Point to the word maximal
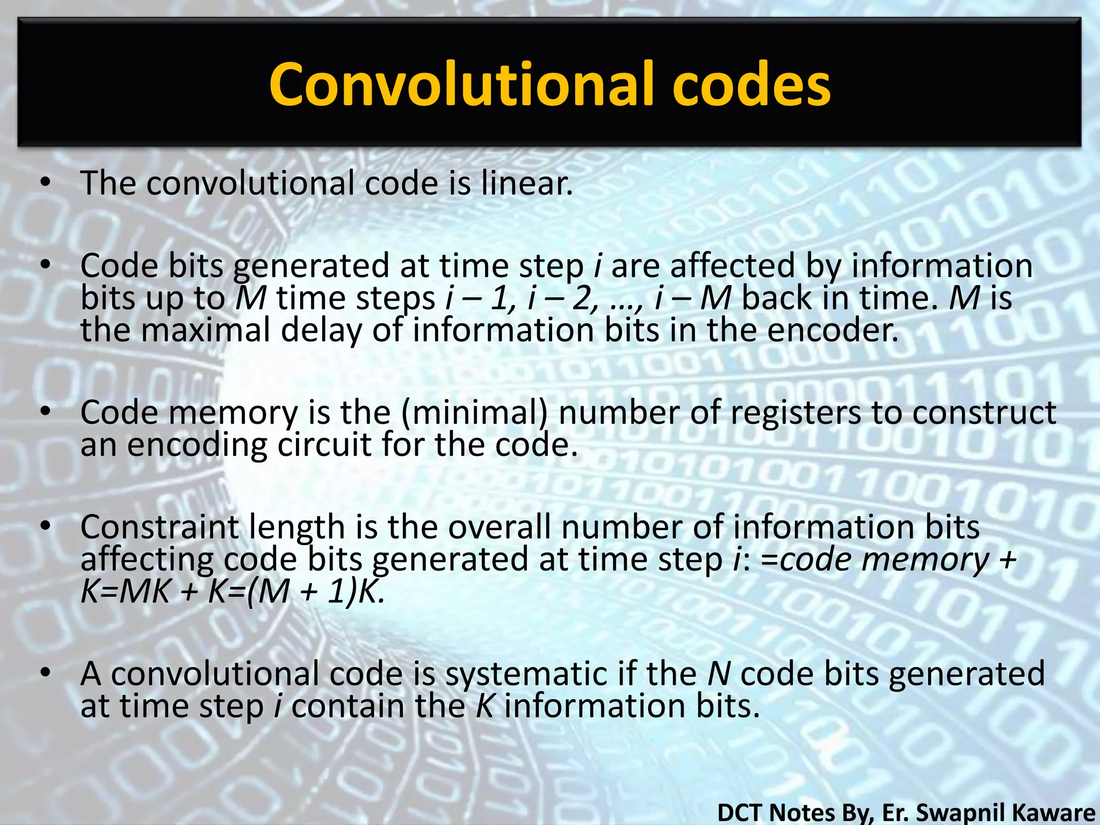pos(206,330)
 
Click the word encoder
pos(833,330)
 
